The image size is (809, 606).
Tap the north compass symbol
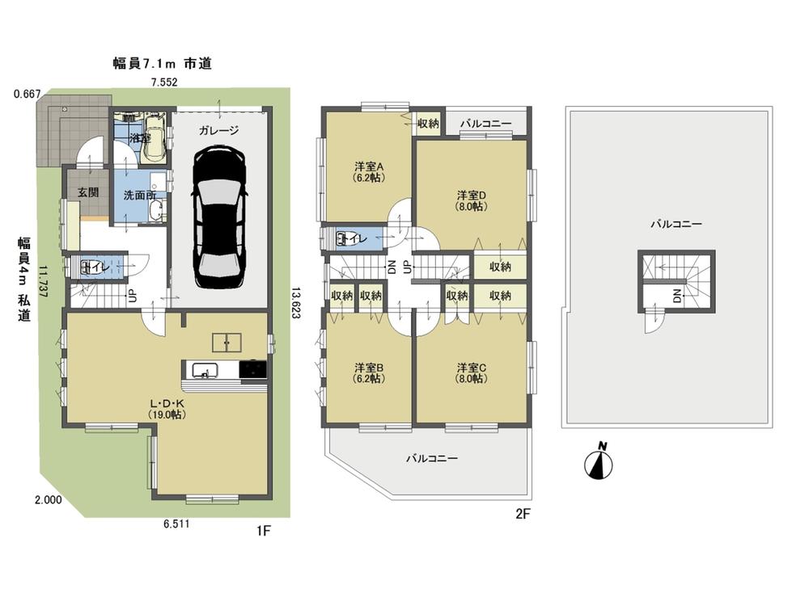(x=599, y=463)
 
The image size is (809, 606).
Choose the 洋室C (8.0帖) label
(x=472, y=373)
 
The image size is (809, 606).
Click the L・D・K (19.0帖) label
(x=167, y=408)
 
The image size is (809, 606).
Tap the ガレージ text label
(x=219, y=130)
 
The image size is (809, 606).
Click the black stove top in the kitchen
(x=254, y=370)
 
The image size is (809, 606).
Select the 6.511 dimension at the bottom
(x=176, y=524)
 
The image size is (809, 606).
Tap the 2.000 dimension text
(x=49, y=500)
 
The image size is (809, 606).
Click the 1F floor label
(x=262, y=530)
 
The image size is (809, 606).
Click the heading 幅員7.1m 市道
(x=163, y=63)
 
